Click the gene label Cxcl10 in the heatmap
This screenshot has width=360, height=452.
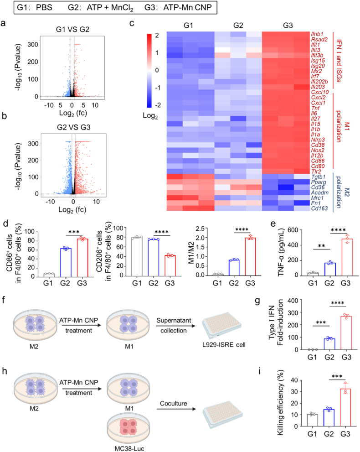pos(320,92)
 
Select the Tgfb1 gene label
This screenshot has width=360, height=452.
pos(318,177)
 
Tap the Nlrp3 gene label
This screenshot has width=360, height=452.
pos(318,140)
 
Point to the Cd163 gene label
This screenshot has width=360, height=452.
pos(319,208)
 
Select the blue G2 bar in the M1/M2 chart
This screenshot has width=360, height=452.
pos(234,268)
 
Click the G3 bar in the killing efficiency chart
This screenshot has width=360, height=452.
pos(345,407)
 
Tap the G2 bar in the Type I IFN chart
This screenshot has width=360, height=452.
pos(329,344)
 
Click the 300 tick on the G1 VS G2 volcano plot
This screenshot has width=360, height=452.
pos(33,44)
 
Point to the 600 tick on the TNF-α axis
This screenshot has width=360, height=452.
pos(293,230)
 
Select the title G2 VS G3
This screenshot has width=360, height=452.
pos(73,127)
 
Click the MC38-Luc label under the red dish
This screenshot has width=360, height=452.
pos(129,448)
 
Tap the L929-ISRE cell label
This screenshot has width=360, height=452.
pos(224,345)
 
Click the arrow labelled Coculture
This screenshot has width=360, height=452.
pos(176,409)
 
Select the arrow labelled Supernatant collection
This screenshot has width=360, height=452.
pos(176,326)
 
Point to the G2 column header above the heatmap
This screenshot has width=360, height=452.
pos(238,26)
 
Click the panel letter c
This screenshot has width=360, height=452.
pos(132,23)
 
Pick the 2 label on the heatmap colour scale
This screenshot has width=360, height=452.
pos(157,36)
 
